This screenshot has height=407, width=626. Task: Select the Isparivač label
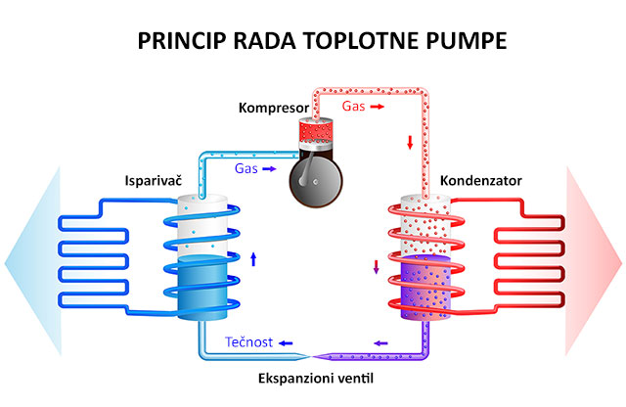(x=151, y=181)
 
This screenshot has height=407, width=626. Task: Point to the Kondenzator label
(x=481, y=181)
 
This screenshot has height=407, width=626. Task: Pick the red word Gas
(x=353, y=104)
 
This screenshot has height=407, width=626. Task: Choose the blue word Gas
(x=246, y=168)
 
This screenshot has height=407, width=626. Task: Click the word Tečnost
(x=248, y=342)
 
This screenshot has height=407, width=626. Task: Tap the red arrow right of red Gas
(x=378, y=104)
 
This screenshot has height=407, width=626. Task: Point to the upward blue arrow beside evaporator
(x=253, y=259)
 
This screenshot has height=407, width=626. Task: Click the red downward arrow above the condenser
(x=409, y=144)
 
